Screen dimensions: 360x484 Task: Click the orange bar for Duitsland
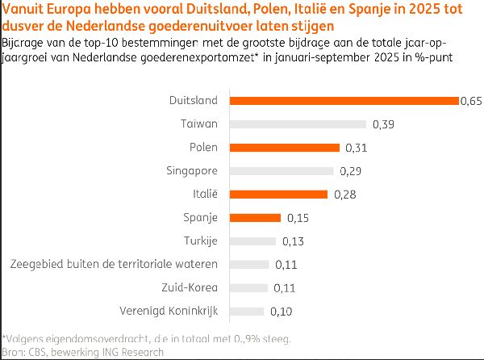[344, 101]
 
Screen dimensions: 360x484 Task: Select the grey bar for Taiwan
[298, 124]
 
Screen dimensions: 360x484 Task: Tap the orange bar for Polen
[285, 148]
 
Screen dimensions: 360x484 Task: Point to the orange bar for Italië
[278, 195]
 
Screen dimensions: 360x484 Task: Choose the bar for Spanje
[255, 218]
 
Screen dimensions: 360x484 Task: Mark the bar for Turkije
[252, 241]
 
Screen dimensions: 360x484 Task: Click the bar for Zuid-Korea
[248, 288]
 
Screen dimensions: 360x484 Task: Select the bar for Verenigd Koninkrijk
[246, 312]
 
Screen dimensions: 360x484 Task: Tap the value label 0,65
[470, 101]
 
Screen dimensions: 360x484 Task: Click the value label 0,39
[383, 124]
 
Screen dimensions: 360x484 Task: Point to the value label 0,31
[357, 148]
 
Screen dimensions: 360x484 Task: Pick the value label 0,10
[281, 312]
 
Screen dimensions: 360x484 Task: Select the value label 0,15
[298, 218]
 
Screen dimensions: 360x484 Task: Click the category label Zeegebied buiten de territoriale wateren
[113, 265]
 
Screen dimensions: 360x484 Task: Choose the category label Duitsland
[194, 101]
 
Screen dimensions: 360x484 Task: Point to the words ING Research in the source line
[133, 352]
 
